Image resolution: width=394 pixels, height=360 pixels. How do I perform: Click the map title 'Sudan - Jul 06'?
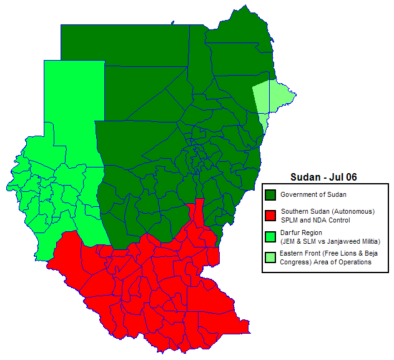(323, 177)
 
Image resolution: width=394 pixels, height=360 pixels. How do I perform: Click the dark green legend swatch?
(270, 195)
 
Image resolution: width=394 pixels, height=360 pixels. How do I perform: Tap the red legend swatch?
(270, 216)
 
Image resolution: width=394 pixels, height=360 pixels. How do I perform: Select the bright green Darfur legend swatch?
(270, 237)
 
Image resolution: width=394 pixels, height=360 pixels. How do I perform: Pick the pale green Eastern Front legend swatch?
(270, 257)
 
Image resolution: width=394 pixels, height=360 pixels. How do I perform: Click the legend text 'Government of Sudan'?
(313, 195)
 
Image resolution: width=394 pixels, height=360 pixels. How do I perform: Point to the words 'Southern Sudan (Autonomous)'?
(328, 211)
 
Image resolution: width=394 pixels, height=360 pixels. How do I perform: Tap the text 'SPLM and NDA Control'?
(315, 220)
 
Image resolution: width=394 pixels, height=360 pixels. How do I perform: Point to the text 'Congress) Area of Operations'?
(326, 262)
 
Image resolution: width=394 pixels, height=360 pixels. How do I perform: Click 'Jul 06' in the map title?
(343, 177)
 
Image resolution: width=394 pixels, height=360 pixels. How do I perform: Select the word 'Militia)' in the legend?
(369, 241)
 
